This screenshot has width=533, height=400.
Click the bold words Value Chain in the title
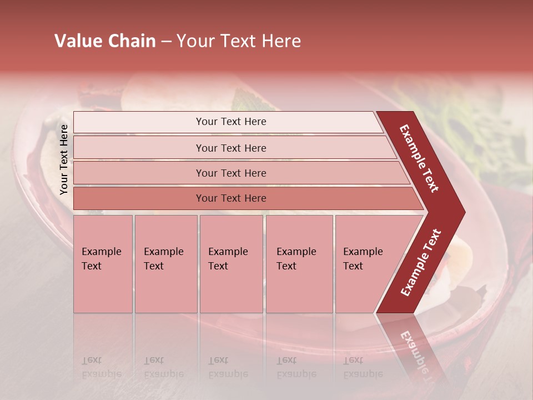(105, 41)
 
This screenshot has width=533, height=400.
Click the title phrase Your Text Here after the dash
(239, 41)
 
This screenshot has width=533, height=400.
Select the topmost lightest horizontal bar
(139, 122)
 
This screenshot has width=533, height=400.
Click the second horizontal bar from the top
(139, 148)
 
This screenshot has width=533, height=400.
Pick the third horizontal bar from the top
(139, 173)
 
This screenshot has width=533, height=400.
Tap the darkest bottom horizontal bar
(139, 198)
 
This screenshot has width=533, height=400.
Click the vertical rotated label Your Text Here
(64, 159)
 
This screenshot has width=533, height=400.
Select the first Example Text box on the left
(103, 264)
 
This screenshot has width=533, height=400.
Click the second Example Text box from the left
(165, 264)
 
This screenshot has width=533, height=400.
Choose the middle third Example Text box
(231, 264)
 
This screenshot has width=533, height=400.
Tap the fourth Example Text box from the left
(299, 264)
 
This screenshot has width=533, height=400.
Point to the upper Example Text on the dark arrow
(420, 158)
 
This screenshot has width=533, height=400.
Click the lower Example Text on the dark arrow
(421, 263)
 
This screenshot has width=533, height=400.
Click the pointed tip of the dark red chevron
(462, 212)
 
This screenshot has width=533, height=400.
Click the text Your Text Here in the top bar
(231, 122)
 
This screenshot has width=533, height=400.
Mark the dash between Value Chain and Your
(166, 42)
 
